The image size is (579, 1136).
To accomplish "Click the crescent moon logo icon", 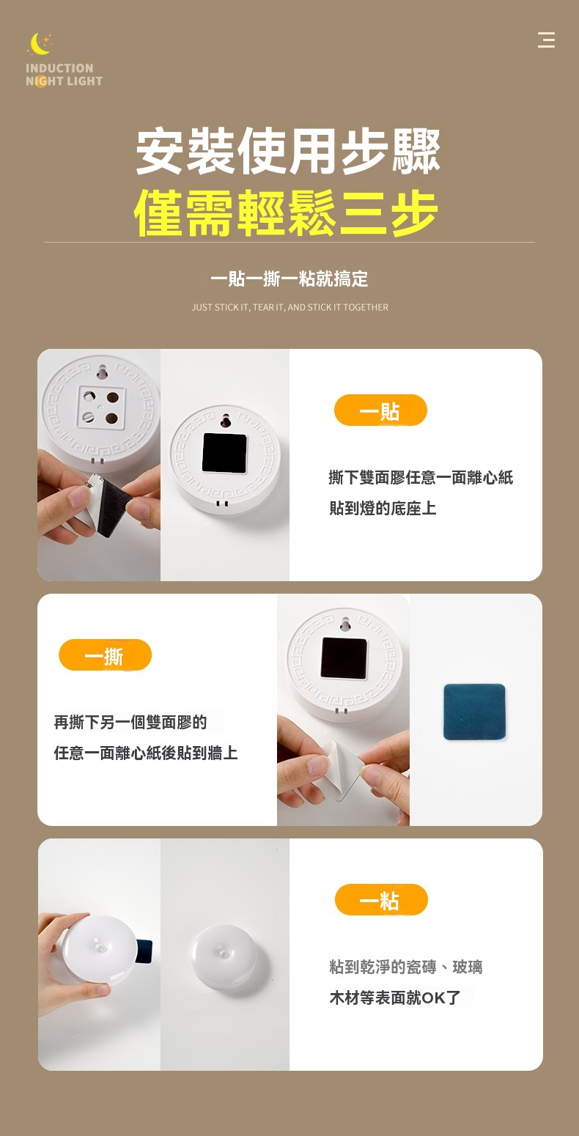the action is [39, 44].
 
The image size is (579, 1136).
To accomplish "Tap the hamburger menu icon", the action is [546, 40].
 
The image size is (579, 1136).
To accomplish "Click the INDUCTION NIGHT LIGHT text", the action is [64, 75].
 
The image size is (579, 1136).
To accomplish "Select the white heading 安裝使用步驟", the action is [288, 151].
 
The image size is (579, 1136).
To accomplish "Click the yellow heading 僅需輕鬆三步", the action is [286, 213].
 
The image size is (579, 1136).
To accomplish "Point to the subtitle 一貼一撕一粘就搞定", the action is [289, 279].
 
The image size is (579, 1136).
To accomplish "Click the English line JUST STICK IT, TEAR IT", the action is [289, 307].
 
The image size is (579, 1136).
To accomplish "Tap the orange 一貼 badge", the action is [380, 410].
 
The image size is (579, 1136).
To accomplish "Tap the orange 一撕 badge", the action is [105, 655].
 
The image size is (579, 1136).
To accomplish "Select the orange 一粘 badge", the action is [381, 900].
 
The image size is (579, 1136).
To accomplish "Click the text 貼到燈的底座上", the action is [383, 508].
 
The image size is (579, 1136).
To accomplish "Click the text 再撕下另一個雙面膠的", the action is [130, 722].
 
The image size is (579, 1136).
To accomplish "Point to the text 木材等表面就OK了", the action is [395, 997].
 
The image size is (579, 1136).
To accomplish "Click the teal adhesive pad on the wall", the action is [474, 712].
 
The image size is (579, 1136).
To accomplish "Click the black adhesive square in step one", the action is [224, 453].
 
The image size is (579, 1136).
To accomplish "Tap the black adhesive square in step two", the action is [344, 658].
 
